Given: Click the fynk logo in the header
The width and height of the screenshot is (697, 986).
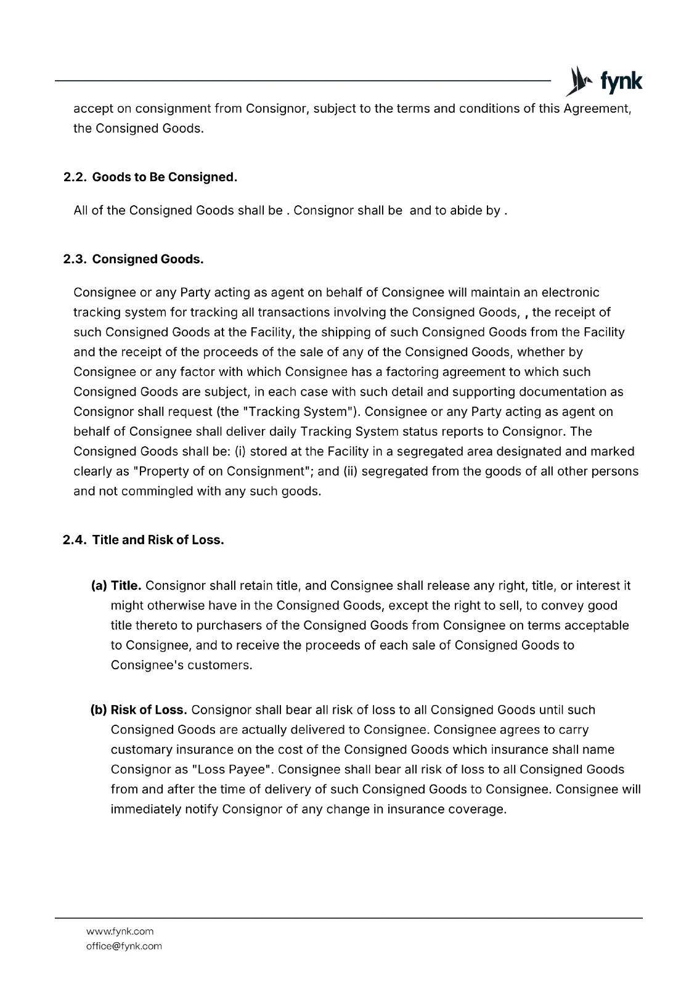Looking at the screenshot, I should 604,81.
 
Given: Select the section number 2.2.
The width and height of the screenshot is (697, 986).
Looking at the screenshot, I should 75,177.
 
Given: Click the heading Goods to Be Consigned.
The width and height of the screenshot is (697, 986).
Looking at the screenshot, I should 165,177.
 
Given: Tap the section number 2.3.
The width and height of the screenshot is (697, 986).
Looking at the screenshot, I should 75,259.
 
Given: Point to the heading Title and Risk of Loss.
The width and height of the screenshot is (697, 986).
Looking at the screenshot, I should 158,540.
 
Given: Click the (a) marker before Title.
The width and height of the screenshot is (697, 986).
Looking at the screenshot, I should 99,585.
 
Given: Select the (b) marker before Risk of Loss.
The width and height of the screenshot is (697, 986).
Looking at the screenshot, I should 99,710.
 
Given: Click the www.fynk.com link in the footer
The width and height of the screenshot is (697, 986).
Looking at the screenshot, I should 120,931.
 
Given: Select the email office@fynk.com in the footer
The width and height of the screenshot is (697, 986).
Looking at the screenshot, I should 124,946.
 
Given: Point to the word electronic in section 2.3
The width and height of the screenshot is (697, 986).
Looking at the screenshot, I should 570,292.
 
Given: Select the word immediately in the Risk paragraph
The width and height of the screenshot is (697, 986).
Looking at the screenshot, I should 146,809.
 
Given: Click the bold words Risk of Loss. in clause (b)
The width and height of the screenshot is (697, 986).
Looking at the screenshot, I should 149,710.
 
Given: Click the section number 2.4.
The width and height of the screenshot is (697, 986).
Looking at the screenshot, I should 75,540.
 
